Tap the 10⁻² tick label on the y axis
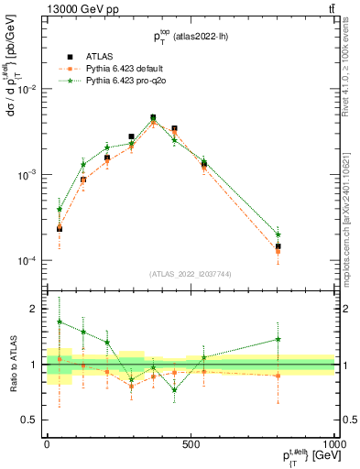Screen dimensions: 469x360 (27, 89)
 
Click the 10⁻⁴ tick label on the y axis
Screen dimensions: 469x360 (27, 261)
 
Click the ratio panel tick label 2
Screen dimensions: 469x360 (35, 310)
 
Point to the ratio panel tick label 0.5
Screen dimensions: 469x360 (31, 420)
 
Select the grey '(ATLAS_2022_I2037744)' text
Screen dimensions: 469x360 (191, 274)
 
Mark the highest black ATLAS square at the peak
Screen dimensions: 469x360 (153, 117)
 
